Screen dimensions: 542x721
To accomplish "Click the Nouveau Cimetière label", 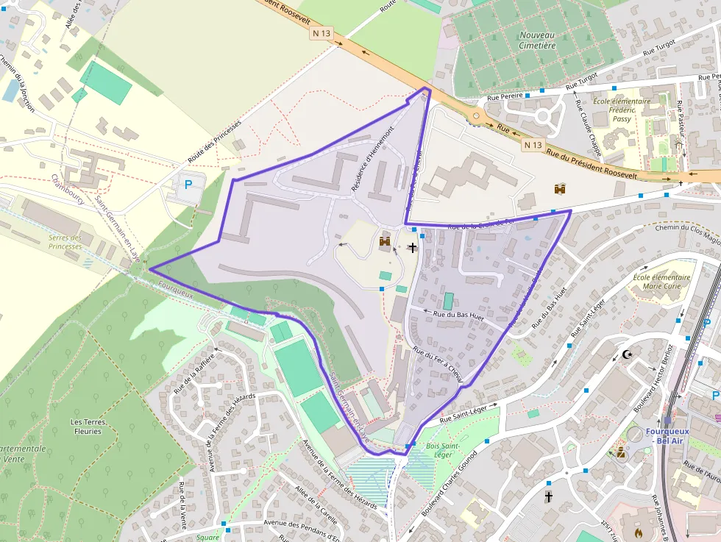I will coord(537,40).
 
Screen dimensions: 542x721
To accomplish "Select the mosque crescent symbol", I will coord(627,355).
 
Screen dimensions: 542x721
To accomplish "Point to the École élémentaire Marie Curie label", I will coord(661,282).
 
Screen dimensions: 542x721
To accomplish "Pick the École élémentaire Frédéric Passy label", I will coord(622,110).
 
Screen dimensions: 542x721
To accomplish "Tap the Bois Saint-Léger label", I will coord(443,450).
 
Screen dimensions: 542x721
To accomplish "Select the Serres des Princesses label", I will coord(65,242).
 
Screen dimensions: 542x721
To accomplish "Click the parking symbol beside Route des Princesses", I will coord(188,185).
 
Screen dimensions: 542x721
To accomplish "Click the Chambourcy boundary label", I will coord(67,190).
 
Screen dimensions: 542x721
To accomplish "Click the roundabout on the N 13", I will coord(477,115).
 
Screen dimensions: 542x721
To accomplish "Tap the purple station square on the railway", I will coord(667,419).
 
